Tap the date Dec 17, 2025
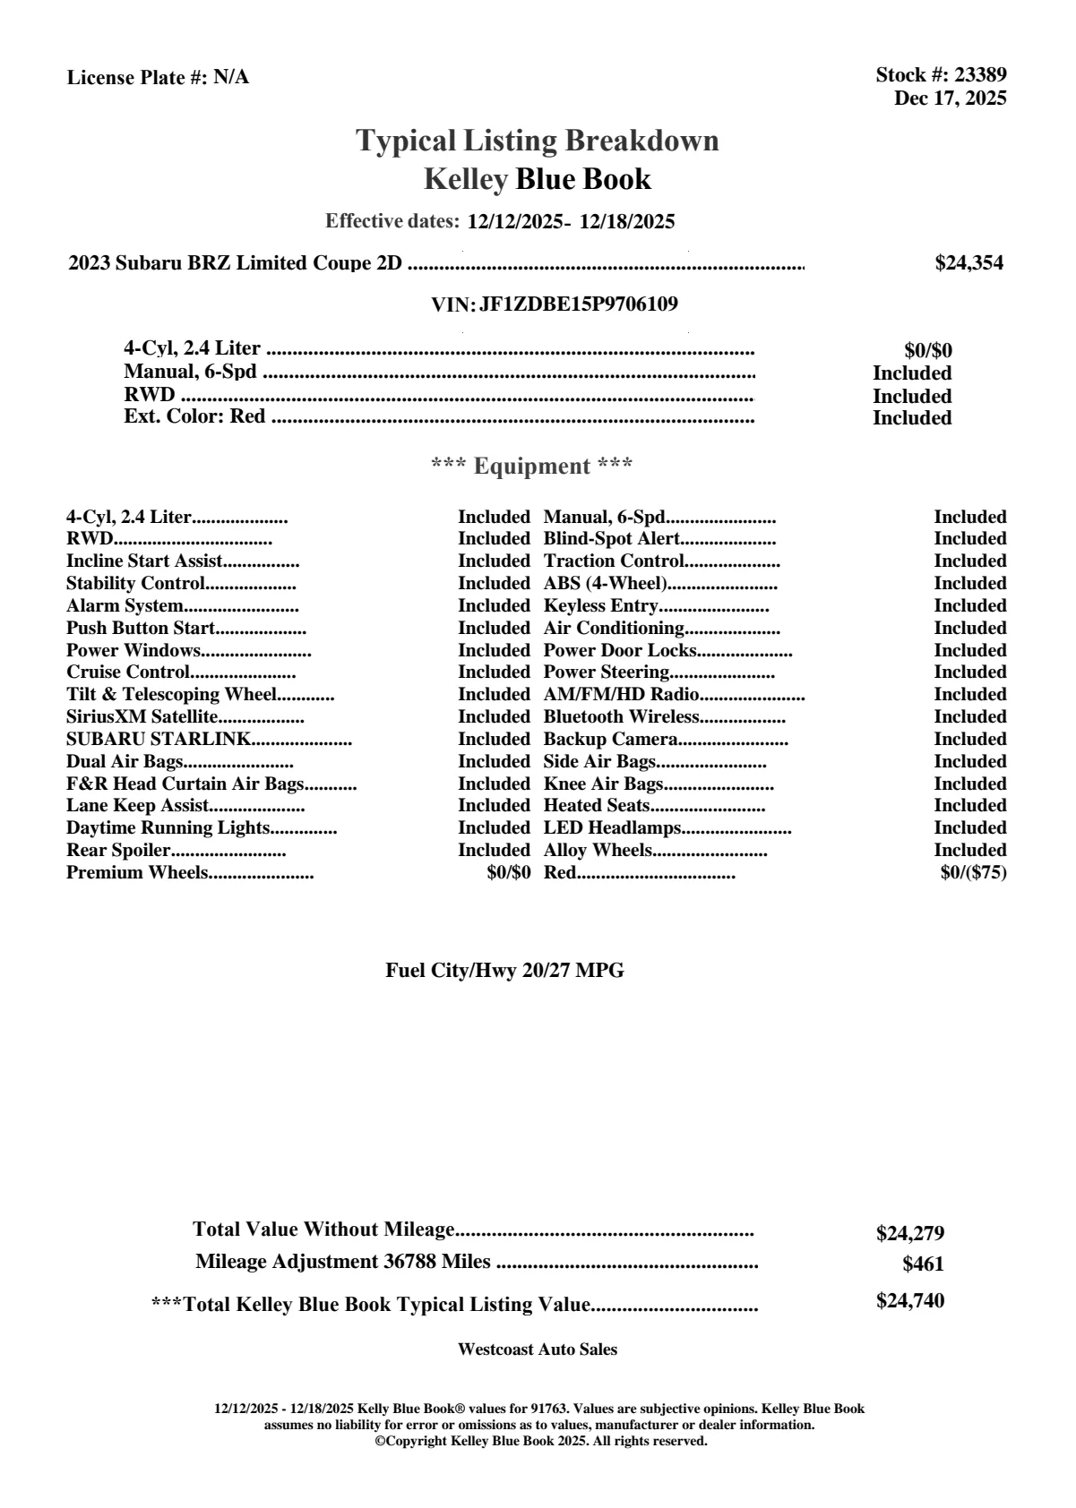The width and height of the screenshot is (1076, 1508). pyautogui.click(x=950, y=98)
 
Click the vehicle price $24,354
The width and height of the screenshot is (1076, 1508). pyautogui.click(x=968, y=263)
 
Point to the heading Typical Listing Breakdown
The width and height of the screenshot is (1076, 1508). pyautogui.click(x=538, y=141)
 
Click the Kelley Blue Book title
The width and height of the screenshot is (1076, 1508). pyautogui.click(x=538, y=179)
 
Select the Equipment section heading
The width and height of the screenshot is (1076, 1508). pyautogui.click(x=532, y=467)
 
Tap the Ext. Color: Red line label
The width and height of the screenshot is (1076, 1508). pyautogui.click(x=194, y=416)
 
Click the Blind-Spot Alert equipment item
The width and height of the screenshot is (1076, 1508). pyautogui.click(x=612, y=539)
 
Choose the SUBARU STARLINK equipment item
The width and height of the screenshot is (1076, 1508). pyautogui.click(x=159, y=740)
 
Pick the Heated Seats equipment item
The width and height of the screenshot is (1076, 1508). pyautogui.click(x=597, y=806)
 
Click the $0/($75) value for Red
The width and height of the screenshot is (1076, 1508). pyautogui.click(x=973, y=873)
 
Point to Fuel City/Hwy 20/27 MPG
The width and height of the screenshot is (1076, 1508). pyautogui.click(x=504, y=971)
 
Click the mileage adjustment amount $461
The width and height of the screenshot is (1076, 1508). pyautogui.click(x=923, y=1265)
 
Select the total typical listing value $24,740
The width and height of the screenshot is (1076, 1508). pyautogui.click(x=909, y=1301)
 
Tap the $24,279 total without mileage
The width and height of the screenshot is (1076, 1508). pyautogui.click(x=909, y=1234)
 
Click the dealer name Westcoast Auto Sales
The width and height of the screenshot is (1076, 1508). pyautogui.click(x=538, y=1349)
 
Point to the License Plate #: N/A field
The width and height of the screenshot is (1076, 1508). pyautogui.click(x=159, y=78)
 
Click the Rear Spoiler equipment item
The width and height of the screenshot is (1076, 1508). pyautogui.click(x=118, y=851)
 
